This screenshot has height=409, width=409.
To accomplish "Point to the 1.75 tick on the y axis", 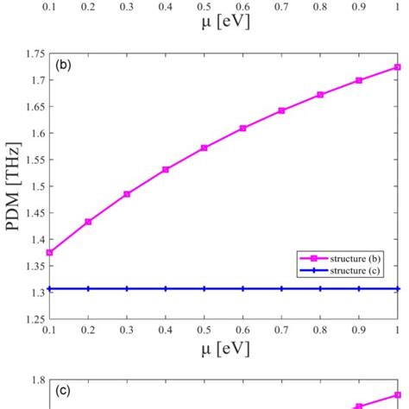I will (x=35, y=53).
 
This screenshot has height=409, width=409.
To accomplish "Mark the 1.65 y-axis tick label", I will (x=35, y=107).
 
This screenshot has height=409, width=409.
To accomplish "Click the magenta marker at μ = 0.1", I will (x=49, y=253).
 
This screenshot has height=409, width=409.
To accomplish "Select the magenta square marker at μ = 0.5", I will (x=204, y=148).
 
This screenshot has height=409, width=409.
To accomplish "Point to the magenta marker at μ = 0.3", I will (x=127, y=194).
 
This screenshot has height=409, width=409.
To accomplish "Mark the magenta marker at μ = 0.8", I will (x=320, y=94).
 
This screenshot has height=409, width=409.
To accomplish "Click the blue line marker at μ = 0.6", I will (x=242, y=289).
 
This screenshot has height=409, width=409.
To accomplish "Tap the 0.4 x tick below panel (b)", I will (x=166, y=330).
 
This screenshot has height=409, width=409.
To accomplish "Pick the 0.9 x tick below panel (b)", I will (x=359, y=330).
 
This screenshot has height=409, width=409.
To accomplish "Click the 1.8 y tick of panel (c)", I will (x=38, y=380).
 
